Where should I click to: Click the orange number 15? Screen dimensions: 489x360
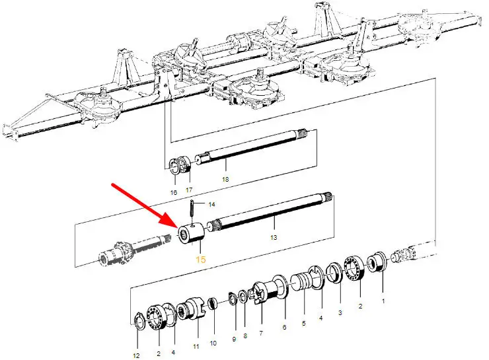[x=200, y=260]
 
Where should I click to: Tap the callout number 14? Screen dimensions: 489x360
[x=211, y=205]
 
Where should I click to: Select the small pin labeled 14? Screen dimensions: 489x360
[x=192, y=211]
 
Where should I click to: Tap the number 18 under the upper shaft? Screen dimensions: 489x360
[x=225, y=179]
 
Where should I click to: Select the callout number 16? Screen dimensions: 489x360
[x=174, y=193]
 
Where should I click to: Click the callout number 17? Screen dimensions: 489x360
[x=189, y=190]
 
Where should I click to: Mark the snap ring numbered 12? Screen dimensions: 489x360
[x=139, y=320]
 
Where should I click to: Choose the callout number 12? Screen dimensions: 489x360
[x=136, y=355]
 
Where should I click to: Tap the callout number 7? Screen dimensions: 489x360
[x=261, y=333]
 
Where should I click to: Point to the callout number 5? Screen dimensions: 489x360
[x=304, y=323]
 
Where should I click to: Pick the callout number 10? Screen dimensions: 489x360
[x=213, y=343]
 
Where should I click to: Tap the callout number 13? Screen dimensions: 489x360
[x=274, y=238]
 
